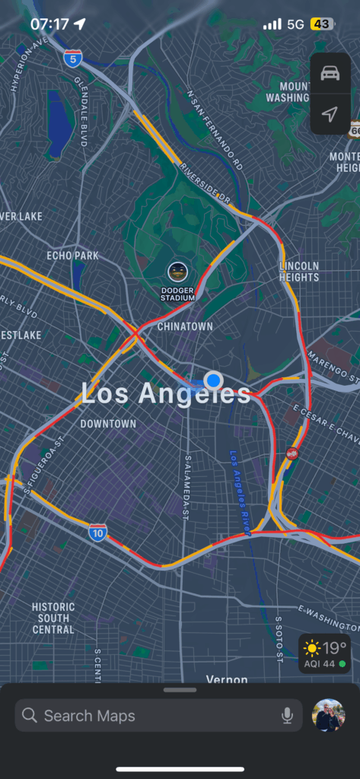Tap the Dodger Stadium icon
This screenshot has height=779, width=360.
[177, 272]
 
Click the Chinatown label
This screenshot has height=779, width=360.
[185, 326]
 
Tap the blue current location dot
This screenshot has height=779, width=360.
[214, 380]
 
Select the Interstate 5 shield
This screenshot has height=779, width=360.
[73, 58]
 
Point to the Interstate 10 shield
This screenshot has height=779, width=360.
[97, 532]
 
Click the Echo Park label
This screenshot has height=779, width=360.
[72, 256]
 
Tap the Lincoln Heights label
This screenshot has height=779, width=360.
[299, 271]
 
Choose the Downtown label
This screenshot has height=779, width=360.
[108, 424]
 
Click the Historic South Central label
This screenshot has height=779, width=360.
[53, 618]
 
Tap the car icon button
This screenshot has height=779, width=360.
[330, 73]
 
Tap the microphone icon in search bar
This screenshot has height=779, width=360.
[287, 715]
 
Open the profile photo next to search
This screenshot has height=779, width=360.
[329, 715]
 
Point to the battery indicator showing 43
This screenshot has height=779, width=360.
[321, 24]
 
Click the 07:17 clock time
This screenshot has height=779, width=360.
[49, 24]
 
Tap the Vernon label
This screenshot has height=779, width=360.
[227, 679]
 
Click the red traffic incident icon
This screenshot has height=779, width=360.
[292, 453]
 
